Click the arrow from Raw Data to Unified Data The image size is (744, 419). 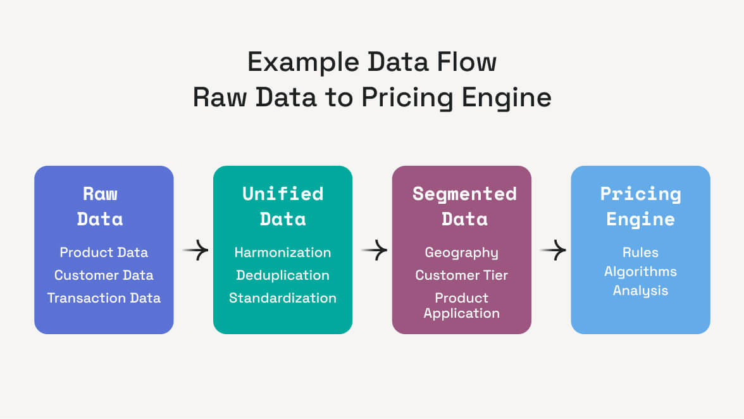coord(195,251)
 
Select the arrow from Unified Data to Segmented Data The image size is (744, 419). coord(375,251)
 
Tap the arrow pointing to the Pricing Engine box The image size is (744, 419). coord(553,251)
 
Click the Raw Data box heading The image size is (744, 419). coord(100,206)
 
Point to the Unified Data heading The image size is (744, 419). coord(283,206)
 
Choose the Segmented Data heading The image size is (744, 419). coord(464,206)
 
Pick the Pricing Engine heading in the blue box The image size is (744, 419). coord(640,206)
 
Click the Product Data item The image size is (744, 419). coord(104,253)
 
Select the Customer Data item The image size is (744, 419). coord(104,275)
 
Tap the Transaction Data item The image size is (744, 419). coord(104,298)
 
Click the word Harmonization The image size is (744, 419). coord(283,253)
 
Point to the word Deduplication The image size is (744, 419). coord(283,275)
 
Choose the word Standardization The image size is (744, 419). coord(283,298)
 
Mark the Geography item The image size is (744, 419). coord(461,253)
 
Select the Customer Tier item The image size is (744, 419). coord(461,275)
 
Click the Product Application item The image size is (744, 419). coord(461,305)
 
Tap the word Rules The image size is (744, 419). coord(640,253)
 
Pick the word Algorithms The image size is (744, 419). coord(640,272)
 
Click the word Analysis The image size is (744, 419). coord(640,291)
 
